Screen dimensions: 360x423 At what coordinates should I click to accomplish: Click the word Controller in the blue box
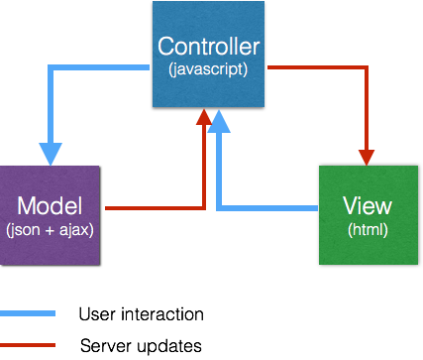coord(208,47)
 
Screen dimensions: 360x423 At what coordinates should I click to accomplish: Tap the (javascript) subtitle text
coord(208,69)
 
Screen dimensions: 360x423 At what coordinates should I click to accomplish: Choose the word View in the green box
coord(367,206)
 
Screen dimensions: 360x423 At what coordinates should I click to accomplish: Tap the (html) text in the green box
coord(367,230)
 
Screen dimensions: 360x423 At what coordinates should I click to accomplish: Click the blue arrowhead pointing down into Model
coord(50,154)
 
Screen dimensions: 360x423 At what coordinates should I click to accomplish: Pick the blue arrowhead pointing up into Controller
coord(219,119)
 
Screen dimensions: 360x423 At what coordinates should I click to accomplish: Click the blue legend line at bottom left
coord(27,312)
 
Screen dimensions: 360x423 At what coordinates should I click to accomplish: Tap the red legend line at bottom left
coord(27,345)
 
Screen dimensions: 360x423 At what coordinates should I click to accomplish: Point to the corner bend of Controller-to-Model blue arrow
coord(51,68)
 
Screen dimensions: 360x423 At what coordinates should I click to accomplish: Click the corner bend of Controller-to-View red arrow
coord(368,68)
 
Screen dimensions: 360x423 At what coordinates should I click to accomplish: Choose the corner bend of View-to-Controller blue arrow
coord(219,208)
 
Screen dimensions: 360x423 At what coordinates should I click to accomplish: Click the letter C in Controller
coord(166,47)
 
